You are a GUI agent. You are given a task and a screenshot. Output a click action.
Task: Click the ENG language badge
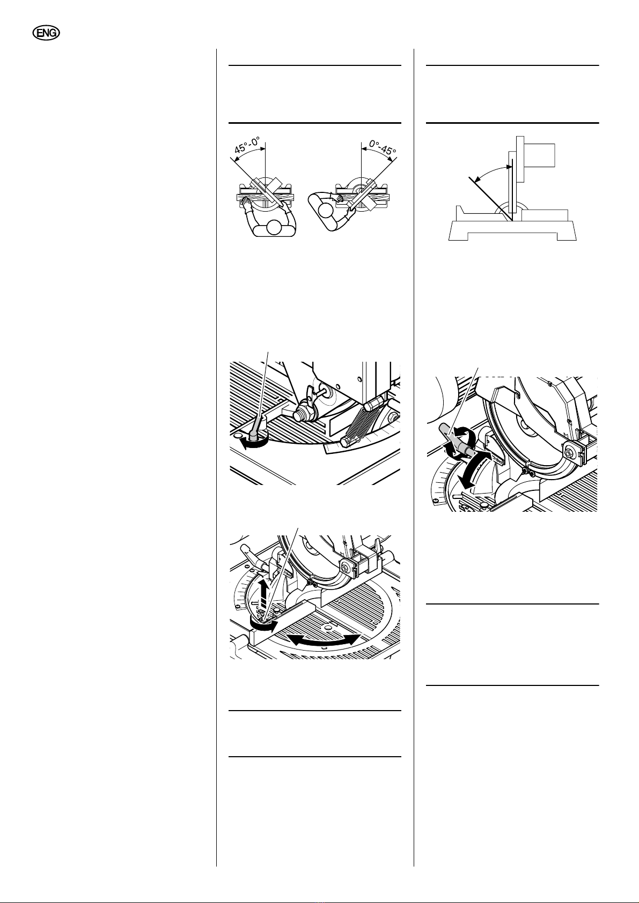46,33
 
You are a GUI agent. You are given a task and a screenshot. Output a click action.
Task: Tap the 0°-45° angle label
382,147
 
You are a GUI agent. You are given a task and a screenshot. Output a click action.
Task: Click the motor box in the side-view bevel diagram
539,155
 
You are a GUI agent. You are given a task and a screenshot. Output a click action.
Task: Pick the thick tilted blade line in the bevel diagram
491,199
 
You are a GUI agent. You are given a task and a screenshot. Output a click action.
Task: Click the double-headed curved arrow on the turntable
324,639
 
